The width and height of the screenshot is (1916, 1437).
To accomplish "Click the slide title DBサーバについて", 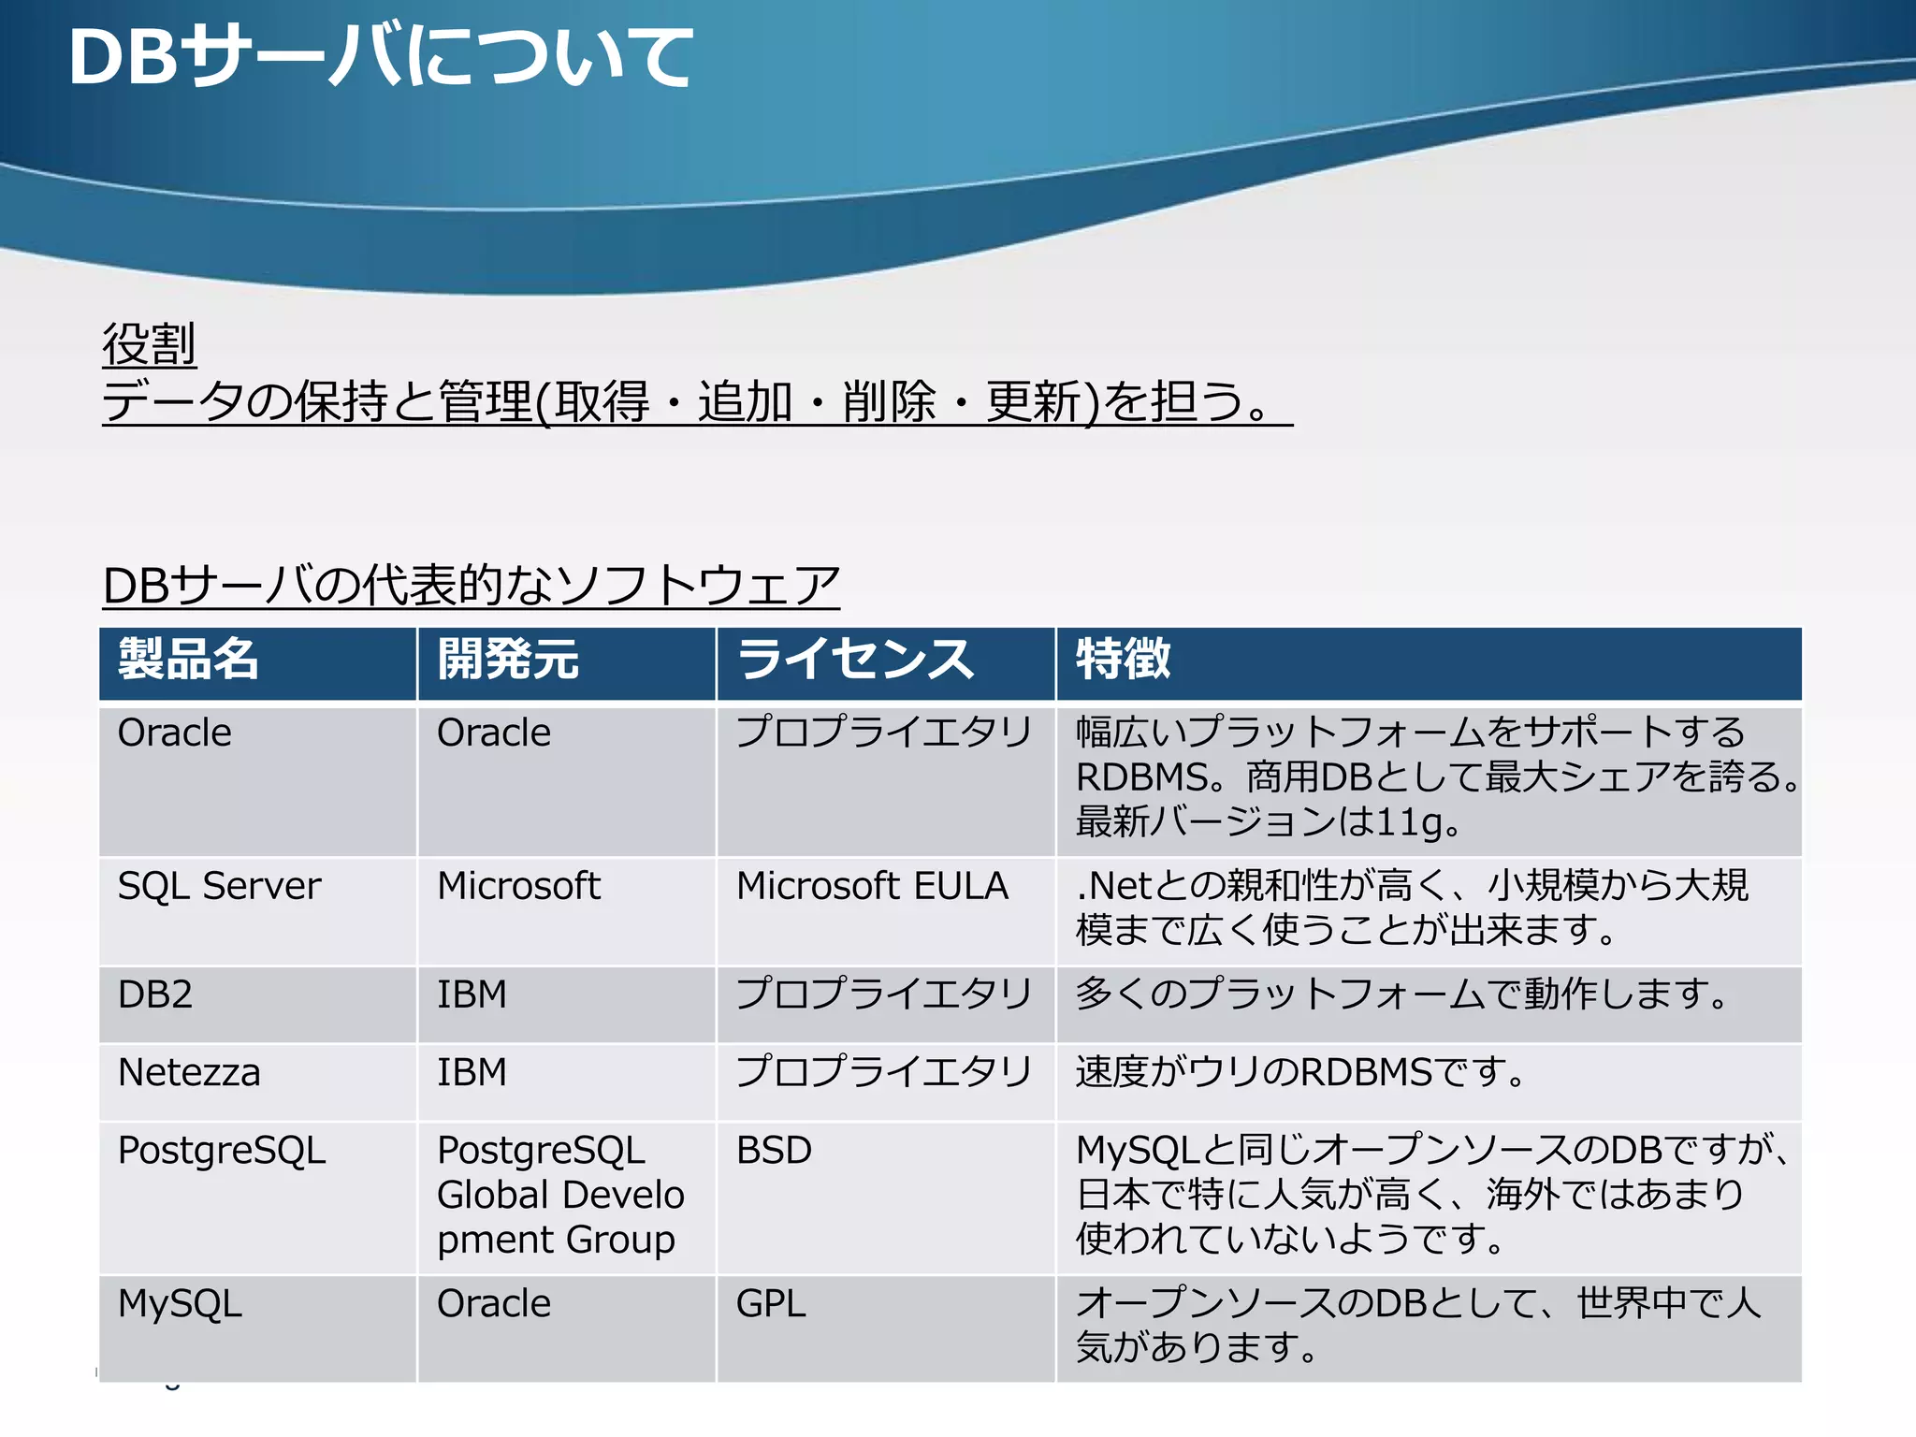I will click(x=380, y=58).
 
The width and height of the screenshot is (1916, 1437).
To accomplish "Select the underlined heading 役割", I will click(x=149, y=344).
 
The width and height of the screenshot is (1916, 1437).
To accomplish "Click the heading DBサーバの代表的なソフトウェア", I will click(x=471, y=586).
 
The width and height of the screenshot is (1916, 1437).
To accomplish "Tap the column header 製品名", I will click(x=188, y=659).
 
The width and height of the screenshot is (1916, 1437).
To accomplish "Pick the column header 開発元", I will click(x=508, y=659).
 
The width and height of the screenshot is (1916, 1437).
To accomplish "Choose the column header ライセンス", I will click(x=855, y=659).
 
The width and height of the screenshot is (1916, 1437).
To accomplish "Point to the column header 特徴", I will click(x=1123, y=659).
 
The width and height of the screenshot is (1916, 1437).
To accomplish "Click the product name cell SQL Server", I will click(x=219, y=886).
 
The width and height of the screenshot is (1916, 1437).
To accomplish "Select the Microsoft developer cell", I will click(x=518, y=886).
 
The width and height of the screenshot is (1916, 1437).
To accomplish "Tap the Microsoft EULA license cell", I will click(x=872, y=886).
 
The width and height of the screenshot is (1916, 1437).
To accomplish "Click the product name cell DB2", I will click(x=155, y=994).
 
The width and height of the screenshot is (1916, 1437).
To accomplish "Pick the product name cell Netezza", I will click(x=189, y=1072).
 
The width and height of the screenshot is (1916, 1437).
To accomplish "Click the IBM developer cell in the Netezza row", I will click(x=472, y=1072).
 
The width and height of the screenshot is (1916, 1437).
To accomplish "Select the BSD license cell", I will click(x=774, y=1150).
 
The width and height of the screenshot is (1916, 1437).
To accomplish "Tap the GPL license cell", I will click(x=771, y=1303).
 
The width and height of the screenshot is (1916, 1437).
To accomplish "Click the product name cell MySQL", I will click(x=180, y=1303).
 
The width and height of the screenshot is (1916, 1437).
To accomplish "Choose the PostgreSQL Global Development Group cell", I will click(x=559, y=1195).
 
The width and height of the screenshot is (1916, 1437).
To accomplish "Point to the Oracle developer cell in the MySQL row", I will click(x=494, y=1303).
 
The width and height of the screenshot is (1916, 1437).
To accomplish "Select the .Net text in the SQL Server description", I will click(x=1113, y=886).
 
